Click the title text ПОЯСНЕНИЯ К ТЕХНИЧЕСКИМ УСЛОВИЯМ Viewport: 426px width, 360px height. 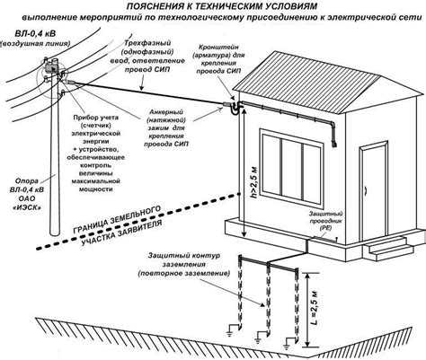[213, 7]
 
